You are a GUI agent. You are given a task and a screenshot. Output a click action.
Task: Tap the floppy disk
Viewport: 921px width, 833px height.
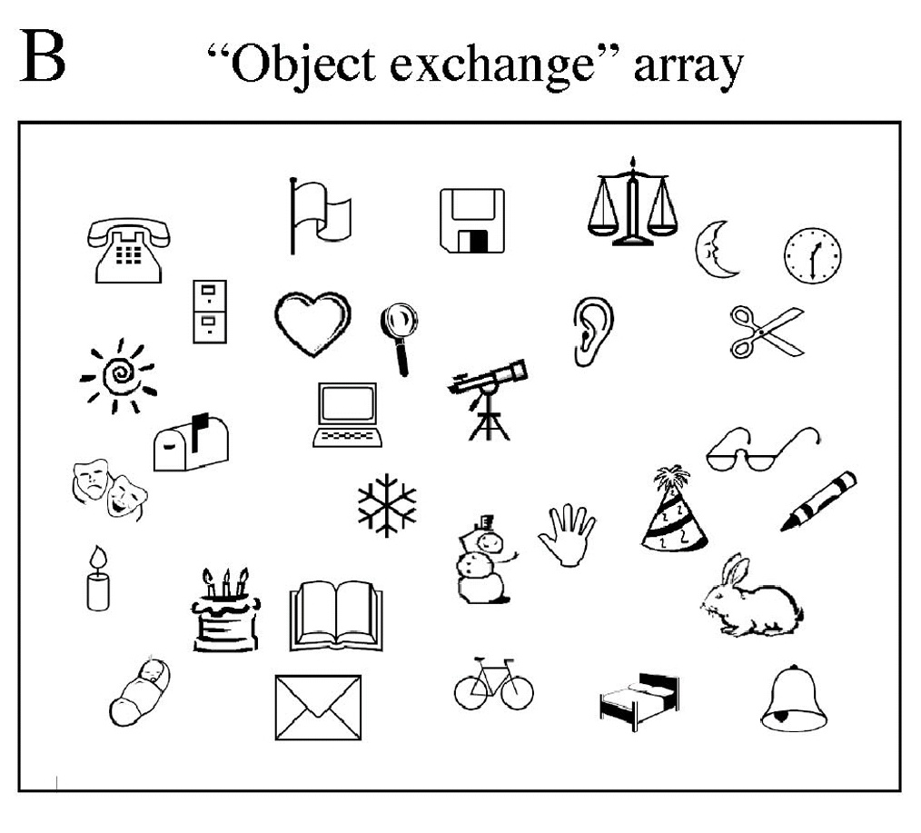470,221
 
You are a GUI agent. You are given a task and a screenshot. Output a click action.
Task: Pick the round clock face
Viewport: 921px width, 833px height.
812,255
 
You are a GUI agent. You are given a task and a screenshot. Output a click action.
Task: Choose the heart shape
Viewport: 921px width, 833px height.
312,322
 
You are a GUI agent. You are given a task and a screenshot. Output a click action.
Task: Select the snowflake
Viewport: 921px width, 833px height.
387,504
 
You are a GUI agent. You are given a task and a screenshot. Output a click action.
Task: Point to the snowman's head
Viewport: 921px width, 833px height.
490,541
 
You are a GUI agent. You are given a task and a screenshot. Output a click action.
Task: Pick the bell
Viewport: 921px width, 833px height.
794,699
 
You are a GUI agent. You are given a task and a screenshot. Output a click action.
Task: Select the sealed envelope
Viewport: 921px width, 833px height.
318,707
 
